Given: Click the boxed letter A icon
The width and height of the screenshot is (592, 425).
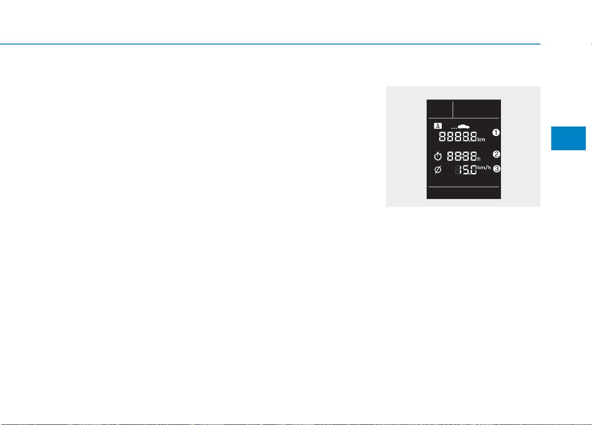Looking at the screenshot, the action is [x=437, y=126].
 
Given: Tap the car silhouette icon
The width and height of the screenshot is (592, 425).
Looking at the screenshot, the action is [x=464, y=127].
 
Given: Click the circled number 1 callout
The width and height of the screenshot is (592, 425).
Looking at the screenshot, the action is [x=496, y=132].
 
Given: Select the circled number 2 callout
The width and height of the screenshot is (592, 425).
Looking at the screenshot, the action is [x=496, y=154].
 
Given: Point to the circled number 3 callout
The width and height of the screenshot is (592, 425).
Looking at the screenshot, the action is [x=497, y=169].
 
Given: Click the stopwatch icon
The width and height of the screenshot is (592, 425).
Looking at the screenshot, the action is [x=437, y=156].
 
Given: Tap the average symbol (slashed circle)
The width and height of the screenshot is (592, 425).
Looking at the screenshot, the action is [x=437, y=170].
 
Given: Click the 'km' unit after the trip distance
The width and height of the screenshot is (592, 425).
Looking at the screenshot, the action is [x=481, y=139].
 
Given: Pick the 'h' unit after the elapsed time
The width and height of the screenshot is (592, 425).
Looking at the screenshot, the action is [x=479, y=159].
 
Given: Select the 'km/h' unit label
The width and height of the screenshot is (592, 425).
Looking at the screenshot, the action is [x=484, y=167].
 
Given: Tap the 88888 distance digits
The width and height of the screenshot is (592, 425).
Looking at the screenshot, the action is [x=458, y=136].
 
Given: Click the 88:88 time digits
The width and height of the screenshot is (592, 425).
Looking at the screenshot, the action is [x=462, y=156].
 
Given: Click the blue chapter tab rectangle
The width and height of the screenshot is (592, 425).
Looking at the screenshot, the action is [x=568, y=138].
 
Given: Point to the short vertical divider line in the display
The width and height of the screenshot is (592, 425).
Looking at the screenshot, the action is [x=453, y=109].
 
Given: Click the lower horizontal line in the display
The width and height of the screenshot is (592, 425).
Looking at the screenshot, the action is [x=464, y=187].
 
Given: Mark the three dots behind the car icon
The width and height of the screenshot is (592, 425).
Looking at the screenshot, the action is [x=454, y=128].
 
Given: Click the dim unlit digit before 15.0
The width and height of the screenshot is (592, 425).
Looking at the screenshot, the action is [x=458, y=170].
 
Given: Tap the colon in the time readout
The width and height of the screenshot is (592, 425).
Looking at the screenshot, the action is [x=462, y=156].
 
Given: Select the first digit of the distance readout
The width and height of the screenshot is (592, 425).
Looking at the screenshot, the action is [x=442, y=136].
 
